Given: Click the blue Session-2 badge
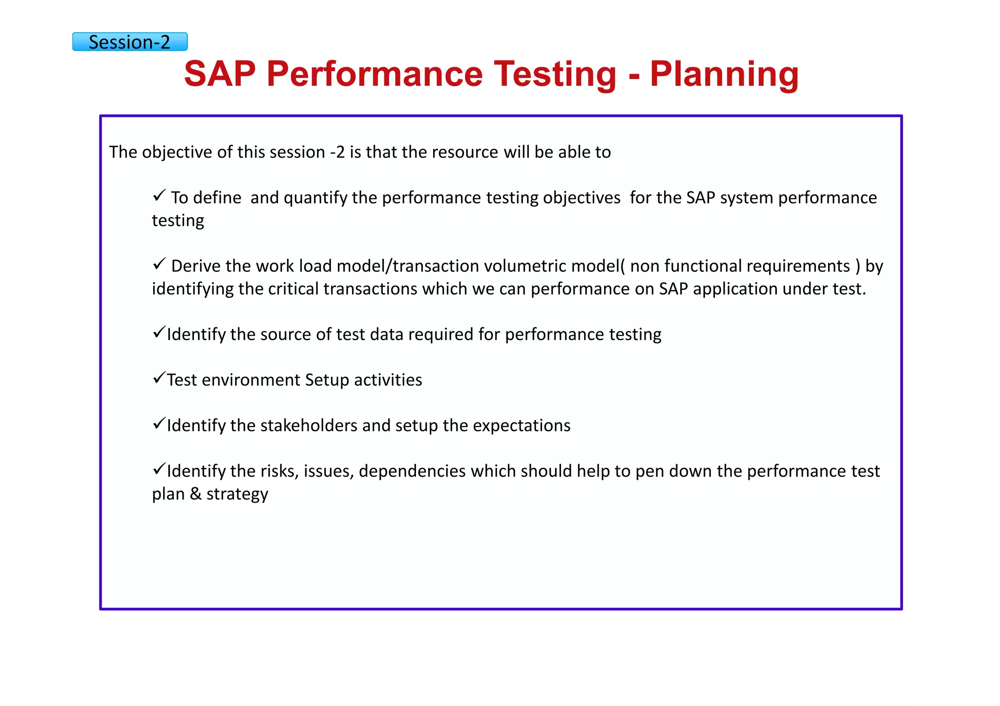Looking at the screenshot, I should point(130,42).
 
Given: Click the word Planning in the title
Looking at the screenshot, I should point(724,74).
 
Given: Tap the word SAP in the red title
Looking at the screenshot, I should point(220,74).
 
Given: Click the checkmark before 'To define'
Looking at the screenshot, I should point(159,196).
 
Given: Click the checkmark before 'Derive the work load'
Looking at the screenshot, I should point(159,264).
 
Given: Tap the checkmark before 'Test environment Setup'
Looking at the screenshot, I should point(159,378).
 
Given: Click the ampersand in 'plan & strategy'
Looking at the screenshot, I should point(195,494).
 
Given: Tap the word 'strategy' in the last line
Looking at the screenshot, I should point(237,494).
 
